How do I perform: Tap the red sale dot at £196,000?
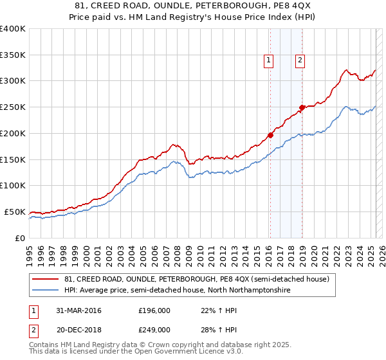pyautogui.click(x=270, y=135)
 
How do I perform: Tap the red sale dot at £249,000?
pyautogui.click(x=302, y=107)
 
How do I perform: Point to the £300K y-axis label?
pyautogui.click(x=13, y=81)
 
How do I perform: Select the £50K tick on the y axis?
pyautogui.click(x=15, y=212)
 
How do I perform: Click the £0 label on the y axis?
pyautogui.click(x=19, y=238)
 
